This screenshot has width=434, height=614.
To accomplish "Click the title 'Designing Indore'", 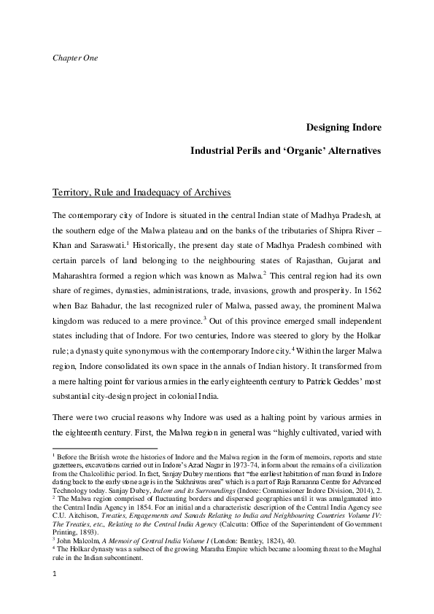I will coord(343,128).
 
